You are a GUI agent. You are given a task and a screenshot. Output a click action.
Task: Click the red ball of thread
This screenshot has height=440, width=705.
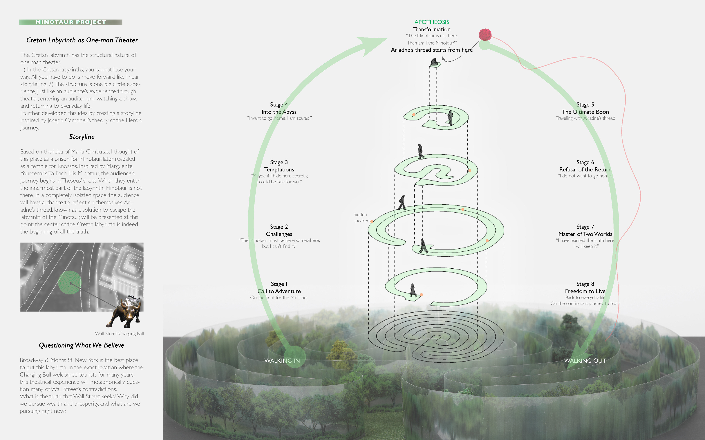[x=485, y=35]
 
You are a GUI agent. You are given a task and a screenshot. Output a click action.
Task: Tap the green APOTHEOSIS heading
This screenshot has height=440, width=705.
[x=432, y=22]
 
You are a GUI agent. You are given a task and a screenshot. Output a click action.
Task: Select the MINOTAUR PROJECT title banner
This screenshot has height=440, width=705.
[x=71, y=22]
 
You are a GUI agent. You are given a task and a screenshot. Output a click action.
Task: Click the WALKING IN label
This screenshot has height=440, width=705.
[x=282, y=361]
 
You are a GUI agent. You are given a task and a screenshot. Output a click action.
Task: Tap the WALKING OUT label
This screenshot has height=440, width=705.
[x=585, y=361]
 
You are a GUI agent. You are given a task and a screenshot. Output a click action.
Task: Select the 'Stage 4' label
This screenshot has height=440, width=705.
[x=279, y=104]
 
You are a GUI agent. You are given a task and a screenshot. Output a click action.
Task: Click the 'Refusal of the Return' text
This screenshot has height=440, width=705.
[x=585, y=169]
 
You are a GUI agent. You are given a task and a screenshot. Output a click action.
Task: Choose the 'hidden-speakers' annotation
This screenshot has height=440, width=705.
[x=361, y=218]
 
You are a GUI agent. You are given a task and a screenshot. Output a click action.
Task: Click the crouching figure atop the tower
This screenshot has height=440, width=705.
[x=434, y=62]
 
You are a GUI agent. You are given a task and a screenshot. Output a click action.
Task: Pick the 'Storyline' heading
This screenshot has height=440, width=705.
[x=82, y=137]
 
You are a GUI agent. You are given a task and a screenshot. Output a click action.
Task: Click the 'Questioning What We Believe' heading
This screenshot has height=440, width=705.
[x=82, y=345]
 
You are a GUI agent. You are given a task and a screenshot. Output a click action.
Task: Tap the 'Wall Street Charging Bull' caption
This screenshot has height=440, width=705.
[x=120, y=333]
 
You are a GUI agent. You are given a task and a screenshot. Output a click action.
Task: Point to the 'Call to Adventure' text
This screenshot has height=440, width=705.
[x=279, y=291]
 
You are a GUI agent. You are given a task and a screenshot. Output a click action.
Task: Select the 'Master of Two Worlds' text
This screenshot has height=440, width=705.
[x=585, y=234]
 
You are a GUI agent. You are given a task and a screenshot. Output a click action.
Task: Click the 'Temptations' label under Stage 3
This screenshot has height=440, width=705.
[x=279, y=169]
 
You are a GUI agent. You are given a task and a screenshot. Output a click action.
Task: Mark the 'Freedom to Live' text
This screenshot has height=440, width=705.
[x=585, y=291]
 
